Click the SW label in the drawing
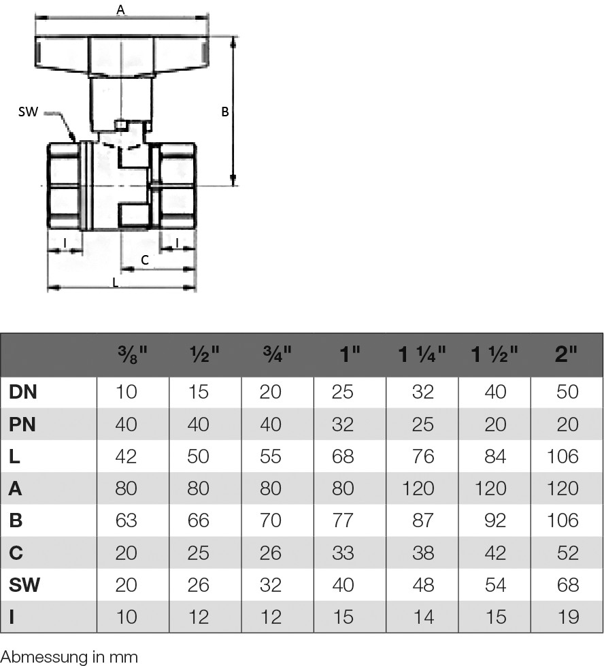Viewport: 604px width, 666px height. (x=28, y=112)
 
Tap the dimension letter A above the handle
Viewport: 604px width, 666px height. (x=120, y=10)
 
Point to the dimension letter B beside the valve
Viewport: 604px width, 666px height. (x=225, y=112)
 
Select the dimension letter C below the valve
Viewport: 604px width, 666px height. (x=145, y=260)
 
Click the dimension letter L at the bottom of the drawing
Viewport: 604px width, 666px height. (x=115, y=282)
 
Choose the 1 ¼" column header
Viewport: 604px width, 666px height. (x=422, y=354)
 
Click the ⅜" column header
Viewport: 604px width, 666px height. (x=133, y=354)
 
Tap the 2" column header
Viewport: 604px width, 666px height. (x=566, y=354)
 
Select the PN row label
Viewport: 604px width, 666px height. (x=22, y=424)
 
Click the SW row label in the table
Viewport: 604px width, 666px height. (x=24, y=585)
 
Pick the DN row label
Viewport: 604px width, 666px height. (x=23, y=392)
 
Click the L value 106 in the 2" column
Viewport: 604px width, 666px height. (x=563, y=456)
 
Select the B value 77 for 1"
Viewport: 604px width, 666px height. (x=342, y=520)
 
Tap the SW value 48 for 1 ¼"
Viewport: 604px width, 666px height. (x=423, y=585)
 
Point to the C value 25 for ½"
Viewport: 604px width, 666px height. (x=198, y=553)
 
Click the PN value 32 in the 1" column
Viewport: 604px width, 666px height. (x=342, y=424)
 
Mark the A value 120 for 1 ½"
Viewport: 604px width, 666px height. (x=490, y=488)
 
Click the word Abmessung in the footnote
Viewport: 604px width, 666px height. (x=41, y=657)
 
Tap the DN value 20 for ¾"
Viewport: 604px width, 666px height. (x=270, y=392)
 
